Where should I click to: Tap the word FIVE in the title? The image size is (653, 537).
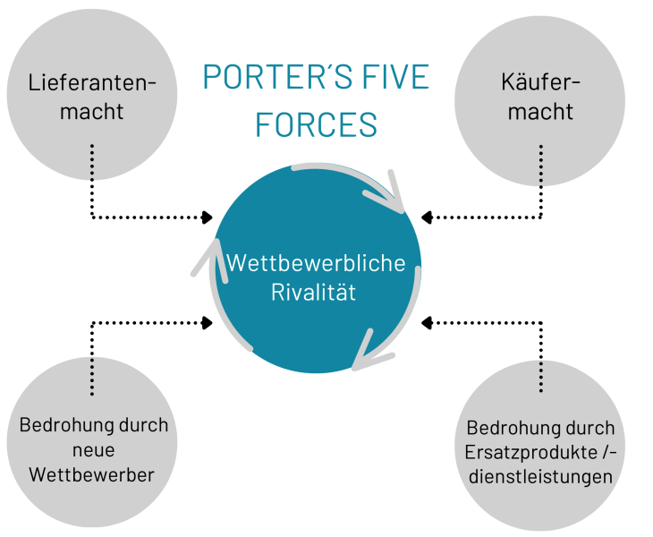pos(395,77)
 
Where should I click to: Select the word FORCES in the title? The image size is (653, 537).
pos(316,124)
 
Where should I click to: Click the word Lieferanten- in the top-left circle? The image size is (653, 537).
pos(92,82)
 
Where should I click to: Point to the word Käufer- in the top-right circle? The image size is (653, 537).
pos(540,81)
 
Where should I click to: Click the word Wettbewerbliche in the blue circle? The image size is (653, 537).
pos(316,263)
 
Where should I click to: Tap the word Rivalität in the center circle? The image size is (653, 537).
pos(314,292)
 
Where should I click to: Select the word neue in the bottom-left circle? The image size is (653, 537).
pos(93,450)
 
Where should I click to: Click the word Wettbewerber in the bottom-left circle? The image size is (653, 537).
pos(91,474)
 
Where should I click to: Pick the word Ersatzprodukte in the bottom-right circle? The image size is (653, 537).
pos(530,453)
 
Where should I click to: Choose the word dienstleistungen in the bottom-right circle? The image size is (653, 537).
pos(540,477)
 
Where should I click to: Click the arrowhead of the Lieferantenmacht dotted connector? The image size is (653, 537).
pos(207,217)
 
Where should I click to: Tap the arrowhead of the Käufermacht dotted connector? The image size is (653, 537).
pos(427,217)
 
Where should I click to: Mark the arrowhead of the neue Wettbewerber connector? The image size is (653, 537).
pos(207,322)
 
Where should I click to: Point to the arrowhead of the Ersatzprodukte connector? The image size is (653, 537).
pos(427,322)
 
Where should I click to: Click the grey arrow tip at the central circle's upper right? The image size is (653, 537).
pos(403,211)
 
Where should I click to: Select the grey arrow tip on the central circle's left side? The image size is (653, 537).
pos(216,241)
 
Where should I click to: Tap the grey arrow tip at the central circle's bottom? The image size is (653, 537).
pos(354,368)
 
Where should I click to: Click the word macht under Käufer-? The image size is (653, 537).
pos(540,112)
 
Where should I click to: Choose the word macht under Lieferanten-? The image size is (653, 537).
pos(91,112)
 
